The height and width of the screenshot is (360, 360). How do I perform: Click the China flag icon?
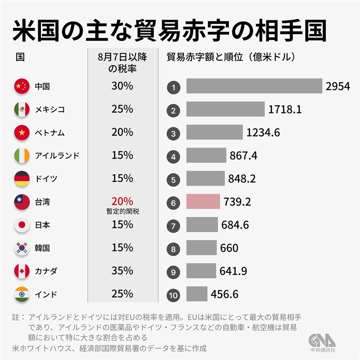coord(22,86)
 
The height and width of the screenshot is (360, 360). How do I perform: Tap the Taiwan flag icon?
coord(22,202)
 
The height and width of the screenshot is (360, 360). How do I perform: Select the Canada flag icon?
coord(22,271)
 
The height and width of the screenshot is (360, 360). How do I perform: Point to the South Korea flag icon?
coord(22,248)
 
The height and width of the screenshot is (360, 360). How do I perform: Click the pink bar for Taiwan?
coord(203,202)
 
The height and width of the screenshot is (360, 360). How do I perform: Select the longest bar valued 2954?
coord(254,86)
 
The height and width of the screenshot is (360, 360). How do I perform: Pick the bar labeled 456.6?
coord(197,295)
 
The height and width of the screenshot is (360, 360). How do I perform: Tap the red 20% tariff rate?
coord(122,200)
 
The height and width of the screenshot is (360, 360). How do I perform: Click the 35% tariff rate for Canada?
coord(122,271)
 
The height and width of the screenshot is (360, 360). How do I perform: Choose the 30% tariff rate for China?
coord(122,86)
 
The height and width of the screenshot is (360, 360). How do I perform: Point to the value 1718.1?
coord(284,109)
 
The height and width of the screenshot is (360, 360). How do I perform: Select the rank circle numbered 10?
coord(173,295)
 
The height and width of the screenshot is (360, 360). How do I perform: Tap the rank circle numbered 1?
coord(173,87)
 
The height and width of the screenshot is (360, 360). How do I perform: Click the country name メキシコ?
coord(49,109)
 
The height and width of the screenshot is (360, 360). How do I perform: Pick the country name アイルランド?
coord(57,156)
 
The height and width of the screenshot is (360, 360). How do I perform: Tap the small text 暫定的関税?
coord(122,211)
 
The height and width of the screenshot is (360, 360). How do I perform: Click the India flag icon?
coord(22,295)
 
